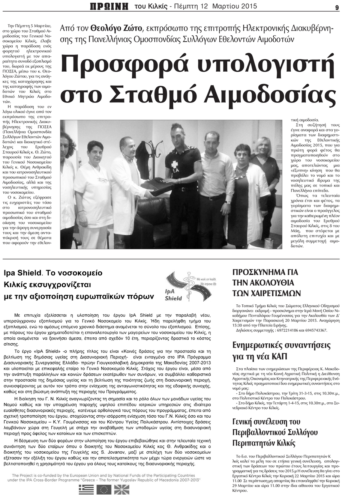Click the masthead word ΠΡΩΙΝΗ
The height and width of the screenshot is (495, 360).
(x=109, y=6)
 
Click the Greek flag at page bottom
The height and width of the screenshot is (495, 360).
(x=86, y=489)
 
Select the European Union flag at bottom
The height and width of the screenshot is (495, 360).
(x=104, y=489)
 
